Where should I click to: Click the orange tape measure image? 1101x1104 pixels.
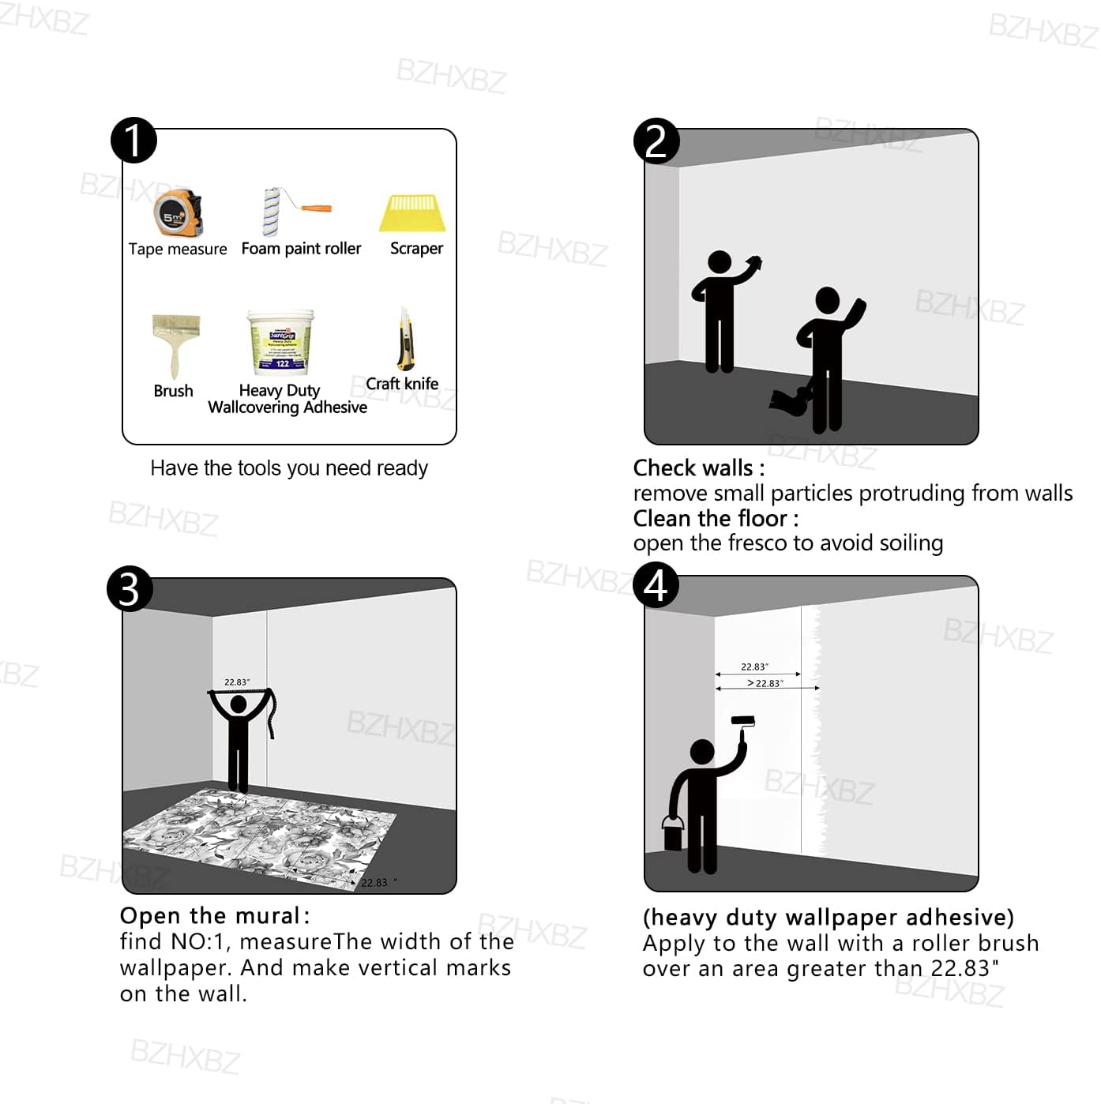coord(178,212)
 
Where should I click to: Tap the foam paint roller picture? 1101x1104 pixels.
coord(295,211)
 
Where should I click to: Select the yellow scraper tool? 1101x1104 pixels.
coord(412,214)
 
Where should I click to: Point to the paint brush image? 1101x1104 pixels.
coord(176,346)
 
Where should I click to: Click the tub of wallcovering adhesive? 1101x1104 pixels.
coord(281,343)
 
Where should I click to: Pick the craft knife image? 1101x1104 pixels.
coord(406,339)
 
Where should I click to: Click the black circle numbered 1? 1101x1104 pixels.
coord(133,141)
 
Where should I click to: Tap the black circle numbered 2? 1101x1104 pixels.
coord(656,141)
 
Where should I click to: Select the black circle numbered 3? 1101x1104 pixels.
coord(130,589)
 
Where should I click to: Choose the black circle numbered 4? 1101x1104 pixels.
coord(656,585)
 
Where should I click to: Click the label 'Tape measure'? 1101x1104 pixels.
coord(178,250)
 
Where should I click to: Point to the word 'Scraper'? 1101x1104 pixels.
coord(417,249)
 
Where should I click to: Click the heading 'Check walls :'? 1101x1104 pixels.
coord(699,468)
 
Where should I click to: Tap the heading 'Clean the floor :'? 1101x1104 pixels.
coord(716,519)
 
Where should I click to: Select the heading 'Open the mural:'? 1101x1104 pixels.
coord(215,915)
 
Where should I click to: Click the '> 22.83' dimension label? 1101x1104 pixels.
coord(765,683)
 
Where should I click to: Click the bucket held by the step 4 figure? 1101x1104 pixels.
coord(674,834)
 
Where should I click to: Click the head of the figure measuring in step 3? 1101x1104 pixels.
coord(239,704)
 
